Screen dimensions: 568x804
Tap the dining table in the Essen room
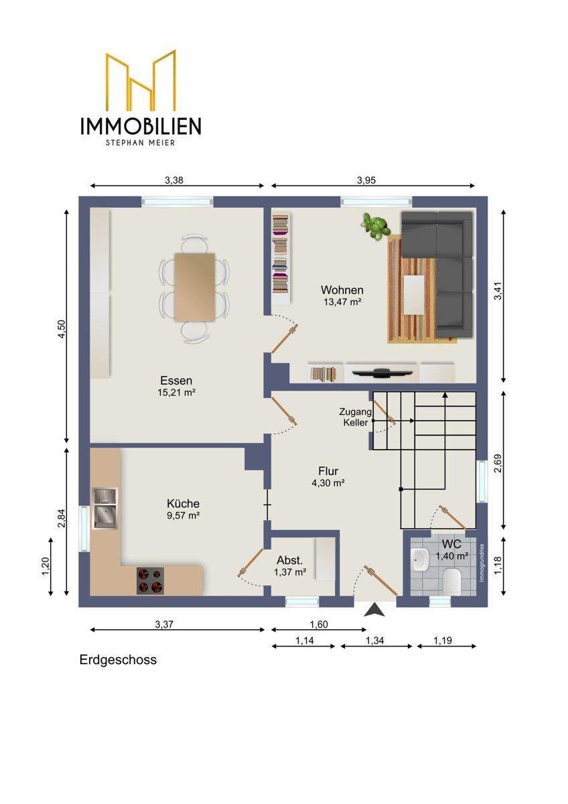click(x=194, y=287)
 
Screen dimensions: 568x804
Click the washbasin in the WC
click(x=421, y=560)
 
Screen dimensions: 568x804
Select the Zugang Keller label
click(x=356, y=417)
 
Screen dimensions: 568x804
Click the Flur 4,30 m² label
click(x=328, y=476)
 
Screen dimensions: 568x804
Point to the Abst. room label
click(x=290, y=560)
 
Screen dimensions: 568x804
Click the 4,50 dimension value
click(x=62, y=329)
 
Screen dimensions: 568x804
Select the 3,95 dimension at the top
click(x=366, y=180)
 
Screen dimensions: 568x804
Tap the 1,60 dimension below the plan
click(x=319, y=624)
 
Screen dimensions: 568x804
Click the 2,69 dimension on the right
click(x=498, y=464)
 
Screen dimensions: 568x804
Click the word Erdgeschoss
click(x=118, y=660)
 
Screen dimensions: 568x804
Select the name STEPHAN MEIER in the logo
click(x=140, y=143)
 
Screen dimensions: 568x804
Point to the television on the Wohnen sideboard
click(x=382, y=373)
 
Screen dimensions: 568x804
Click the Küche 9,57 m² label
click(x=183, y=509)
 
